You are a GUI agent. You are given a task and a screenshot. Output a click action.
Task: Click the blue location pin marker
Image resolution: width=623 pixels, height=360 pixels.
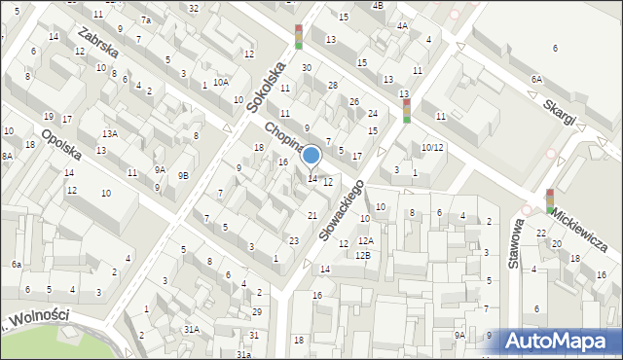pyautogui.click(x=311, y=156)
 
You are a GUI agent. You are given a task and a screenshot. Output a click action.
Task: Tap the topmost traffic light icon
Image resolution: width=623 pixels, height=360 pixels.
pyautogui.click(x=299, y=37)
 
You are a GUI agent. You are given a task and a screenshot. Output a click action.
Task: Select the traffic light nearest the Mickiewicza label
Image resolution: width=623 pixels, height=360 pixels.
pyautogui.click(x=550, y=200)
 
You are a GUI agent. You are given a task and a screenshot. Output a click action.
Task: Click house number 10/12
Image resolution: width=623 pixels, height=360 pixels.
pyautogui.click(x=432, y=147)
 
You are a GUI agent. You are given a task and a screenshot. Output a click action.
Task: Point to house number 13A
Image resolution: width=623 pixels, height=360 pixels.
pyautogui.click(x=110, y=133)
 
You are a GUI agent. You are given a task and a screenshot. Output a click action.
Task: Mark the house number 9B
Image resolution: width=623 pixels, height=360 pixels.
pyautogui.click(x=183, y=175)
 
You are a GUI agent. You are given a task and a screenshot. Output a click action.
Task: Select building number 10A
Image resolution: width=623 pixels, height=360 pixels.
pyautogui.click(x=221, y=82)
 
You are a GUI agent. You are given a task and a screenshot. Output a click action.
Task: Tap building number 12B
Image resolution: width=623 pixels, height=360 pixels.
pyautogui.click(x=362, y=254)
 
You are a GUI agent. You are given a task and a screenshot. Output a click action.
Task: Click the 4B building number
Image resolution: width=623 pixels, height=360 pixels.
pyautogui.click(x=377, y=5)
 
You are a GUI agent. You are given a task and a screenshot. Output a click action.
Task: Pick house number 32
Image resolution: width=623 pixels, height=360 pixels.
pyautogui.click(x=194, y=8)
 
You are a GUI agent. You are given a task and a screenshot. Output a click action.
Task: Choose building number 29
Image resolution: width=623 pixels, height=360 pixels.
pyautogui.click(x=256, y=311)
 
